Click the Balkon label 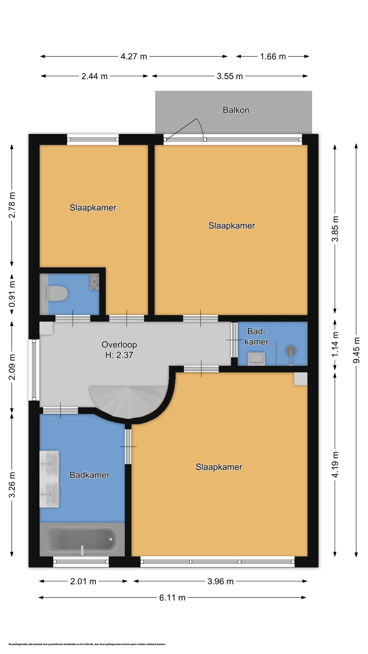[x=236, y=110]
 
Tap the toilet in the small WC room [x=58, y=293]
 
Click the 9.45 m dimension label [x=356, y=350]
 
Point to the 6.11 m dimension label [x=172, y=598]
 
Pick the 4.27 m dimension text [x=134, y=56]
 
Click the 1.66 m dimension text [x=273, y=56]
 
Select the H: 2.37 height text [x=119, y=355]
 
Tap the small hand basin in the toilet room [x=94, y=282]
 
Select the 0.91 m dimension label [x=12, y=294]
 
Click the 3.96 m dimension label [x=220, y=581]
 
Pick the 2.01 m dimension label [x=83, y=581]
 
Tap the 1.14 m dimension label [x=336, y=344]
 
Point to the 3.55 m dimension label [x=230, y=76]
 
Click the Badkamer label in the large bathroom [x=89, y=475]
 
